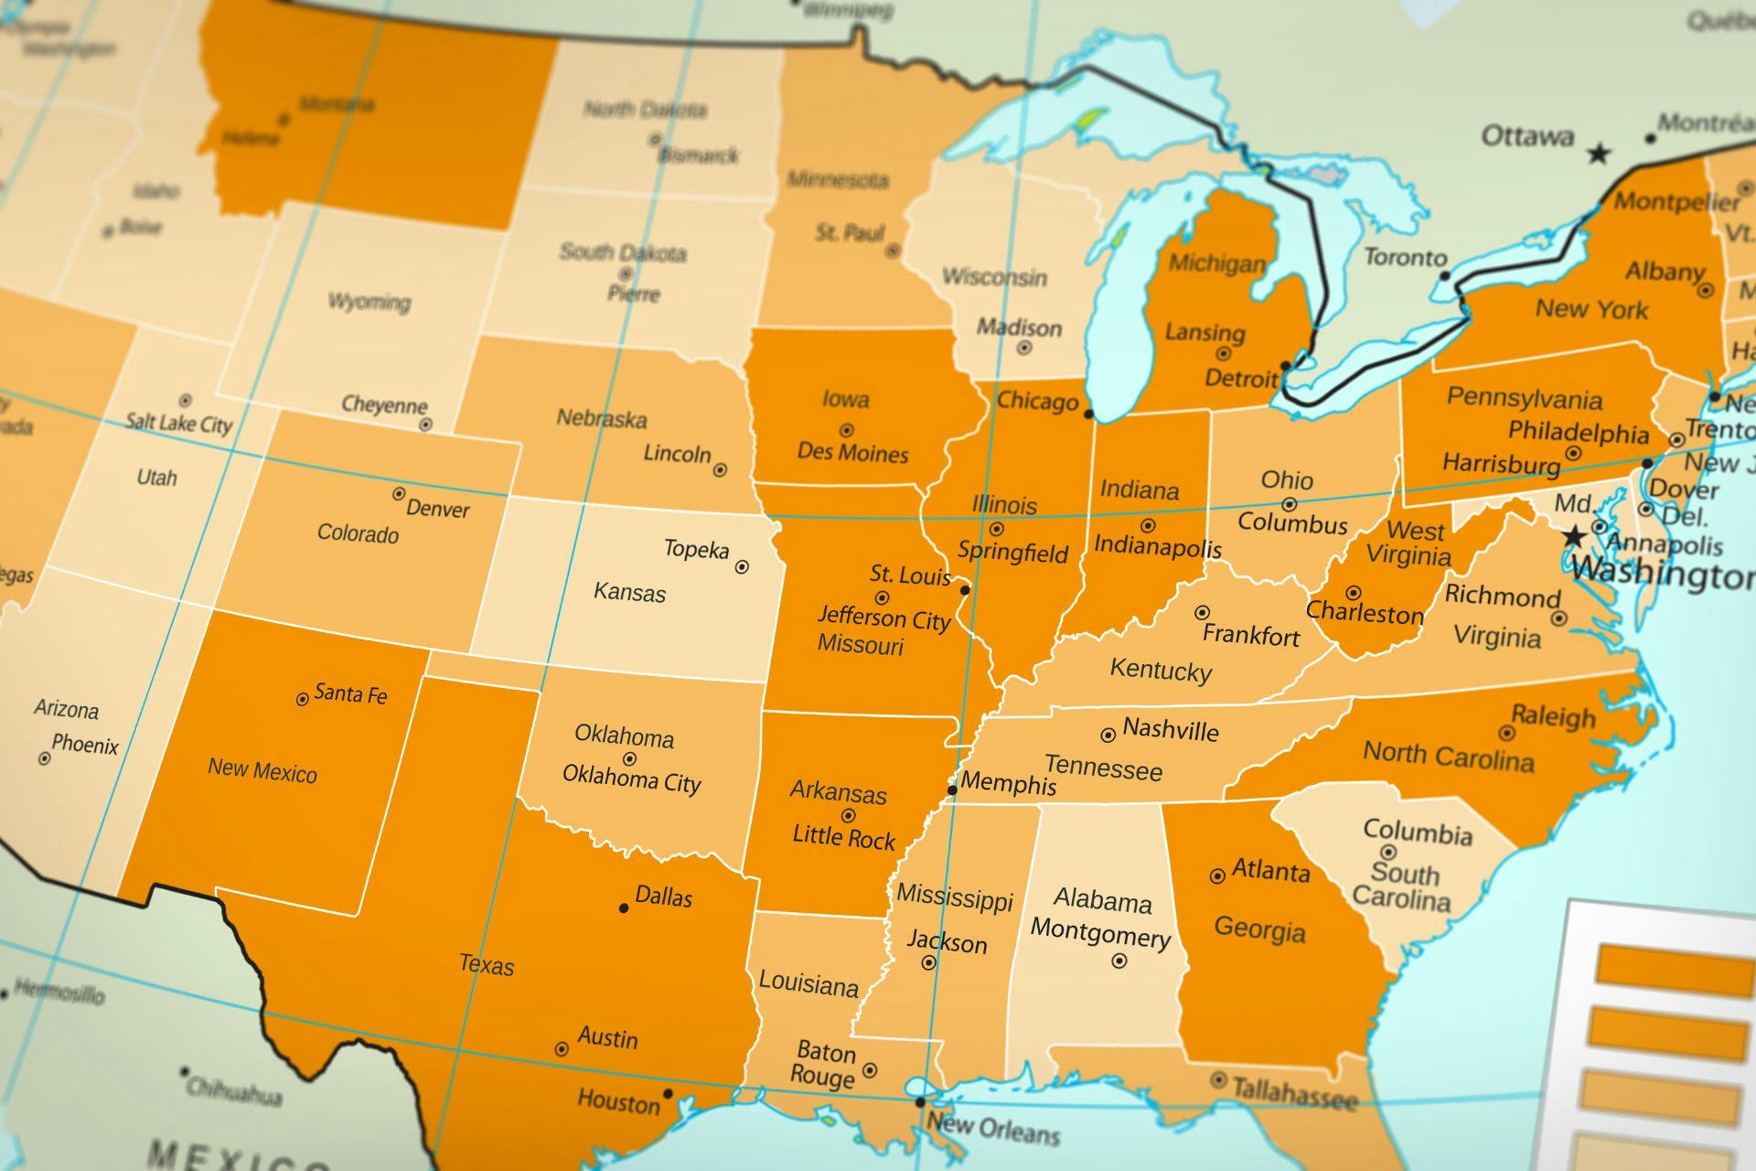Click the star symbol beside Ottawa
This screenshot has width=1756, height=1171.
(1599, 153)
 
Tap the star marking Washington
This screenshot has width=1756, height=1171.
(1574, 536)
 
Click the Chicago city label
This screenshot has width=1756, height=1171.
(1037, 401)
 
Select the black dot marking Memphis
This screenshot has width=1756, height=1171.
(952, 790)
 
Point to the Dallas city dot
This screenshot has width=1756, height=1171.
(624, 908)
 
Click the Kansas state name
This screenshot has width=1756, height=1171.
(629, 592)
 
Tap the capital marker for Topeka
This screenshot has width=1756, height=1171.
(742, 567)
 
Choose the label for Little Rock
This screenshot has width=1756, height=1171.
(843, 837)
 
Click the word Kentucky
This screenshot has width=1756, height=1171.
(1161, 670)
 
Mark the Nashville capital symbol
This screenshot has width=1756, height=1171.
(1108, 735)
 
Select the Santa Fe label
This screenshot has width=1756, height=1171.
(350, 694)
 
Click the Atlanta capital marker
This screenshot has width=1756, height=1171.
(1217, 876)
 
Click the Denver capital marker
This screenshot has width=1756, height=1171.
(399, 494)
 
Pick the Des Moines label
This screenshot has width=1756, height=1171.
(852, 453)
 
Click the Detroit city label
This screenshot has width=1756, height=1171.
(1241, 378)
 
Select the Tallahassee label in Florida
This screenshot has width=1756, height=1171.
(1294, 1092)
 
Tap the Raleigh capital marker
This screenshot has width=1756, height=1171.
(1506, 733)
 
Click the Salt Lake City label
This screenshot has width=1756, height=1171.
(179, 423)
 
